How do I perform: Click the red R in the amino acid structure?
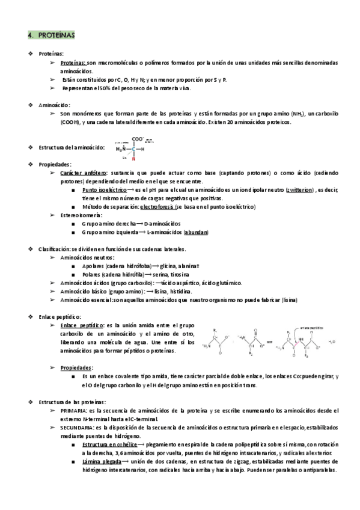click(x=133, y=159)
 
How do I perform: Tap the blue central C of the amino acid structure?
click(x=133, y=149)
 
